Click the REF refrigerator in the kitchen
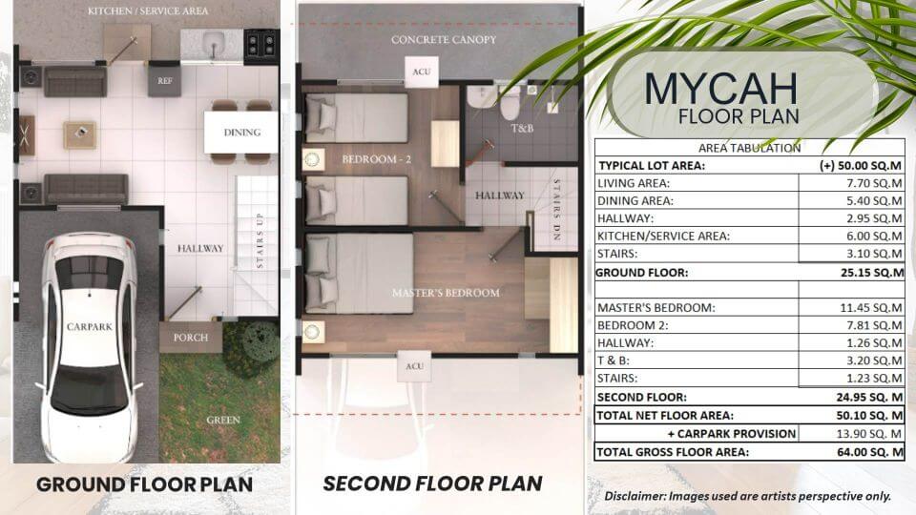[164, 81]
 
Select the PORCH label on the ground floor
[191, 338]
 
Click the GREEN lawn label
[223, 420]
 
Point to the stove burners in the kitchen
[261, 46]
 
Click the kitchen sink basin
[213, 43]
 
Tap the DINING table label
[241, 133]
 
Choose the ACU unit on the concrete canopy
[421, 72]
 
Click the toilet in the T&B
[510, 103]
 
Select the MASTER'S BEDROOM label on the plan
[446, 293]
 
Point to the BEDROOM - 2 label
[376, 159]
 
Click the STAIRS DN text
[556, 210]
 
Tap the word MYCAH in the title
[721, 90]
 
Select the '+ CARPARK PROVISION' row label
[732, 434]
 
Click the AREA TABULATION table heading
[750, 149]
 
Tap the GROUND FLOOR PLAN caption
[144, 484]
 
